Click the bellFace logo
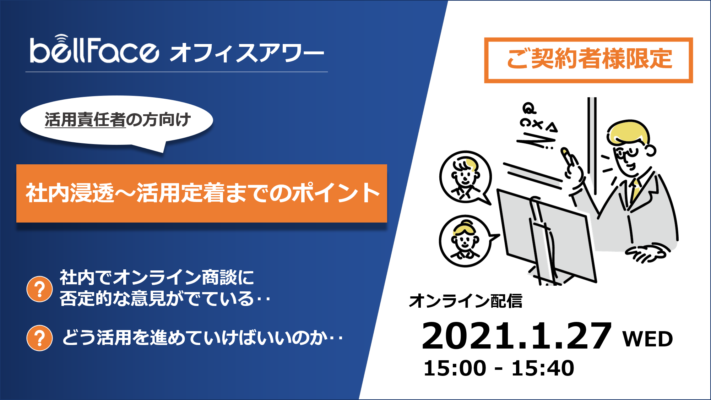94,49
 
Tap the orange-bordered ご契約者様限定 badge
588,60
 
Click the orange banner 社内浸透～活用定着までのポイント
202,193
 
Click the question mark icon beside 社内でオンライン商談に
39,289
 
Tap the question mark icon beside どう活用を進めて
39,338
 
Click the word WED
647,339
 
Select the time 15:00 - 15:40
499,368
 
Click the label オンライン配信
465,301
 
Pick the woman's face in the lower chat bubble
465,240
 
